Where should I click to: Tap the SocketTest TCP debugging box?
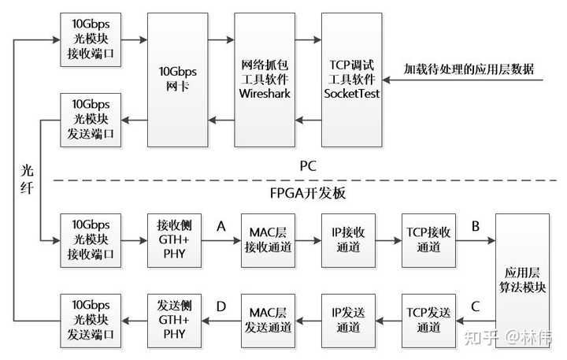pos(351,79)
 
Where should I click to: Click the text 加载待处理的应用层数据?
pos(469,69)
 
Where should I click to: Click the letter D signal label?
pos(220,306)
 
